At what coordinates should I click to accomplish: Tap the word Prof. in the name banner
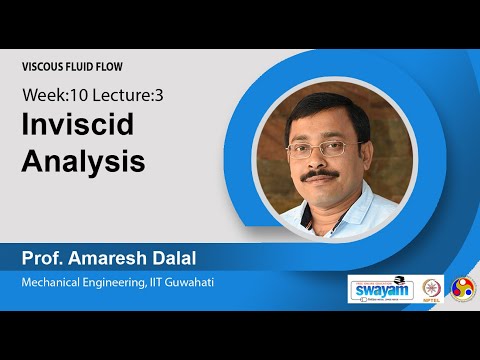(x=42, y=260)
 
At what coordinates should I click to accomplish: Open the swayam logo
(x=380, y=289)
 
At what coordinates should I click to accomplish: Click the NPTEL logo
(x=432, y=289)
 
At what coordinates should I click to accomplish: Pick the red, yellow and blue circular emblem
(x=464, y=289)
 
